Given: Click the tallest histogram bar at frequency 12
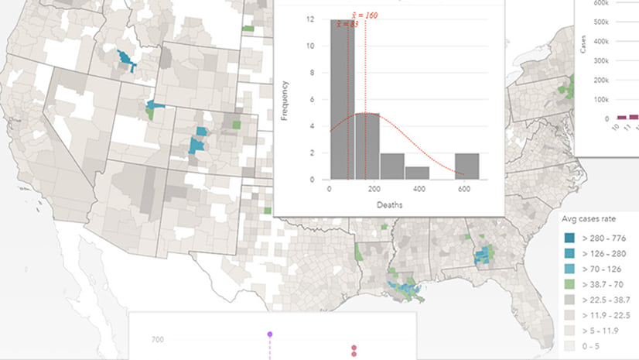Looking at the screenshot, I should [343, 101].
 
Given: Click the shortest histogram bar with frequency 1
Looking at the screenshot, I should [417, 173].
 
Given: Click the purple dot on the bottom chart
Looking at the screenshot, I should [270, 334].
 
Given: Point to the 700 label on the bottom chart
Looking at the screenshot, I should [158, 339].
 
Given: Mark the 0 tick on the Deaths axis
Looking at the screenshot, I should [330, 190].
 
